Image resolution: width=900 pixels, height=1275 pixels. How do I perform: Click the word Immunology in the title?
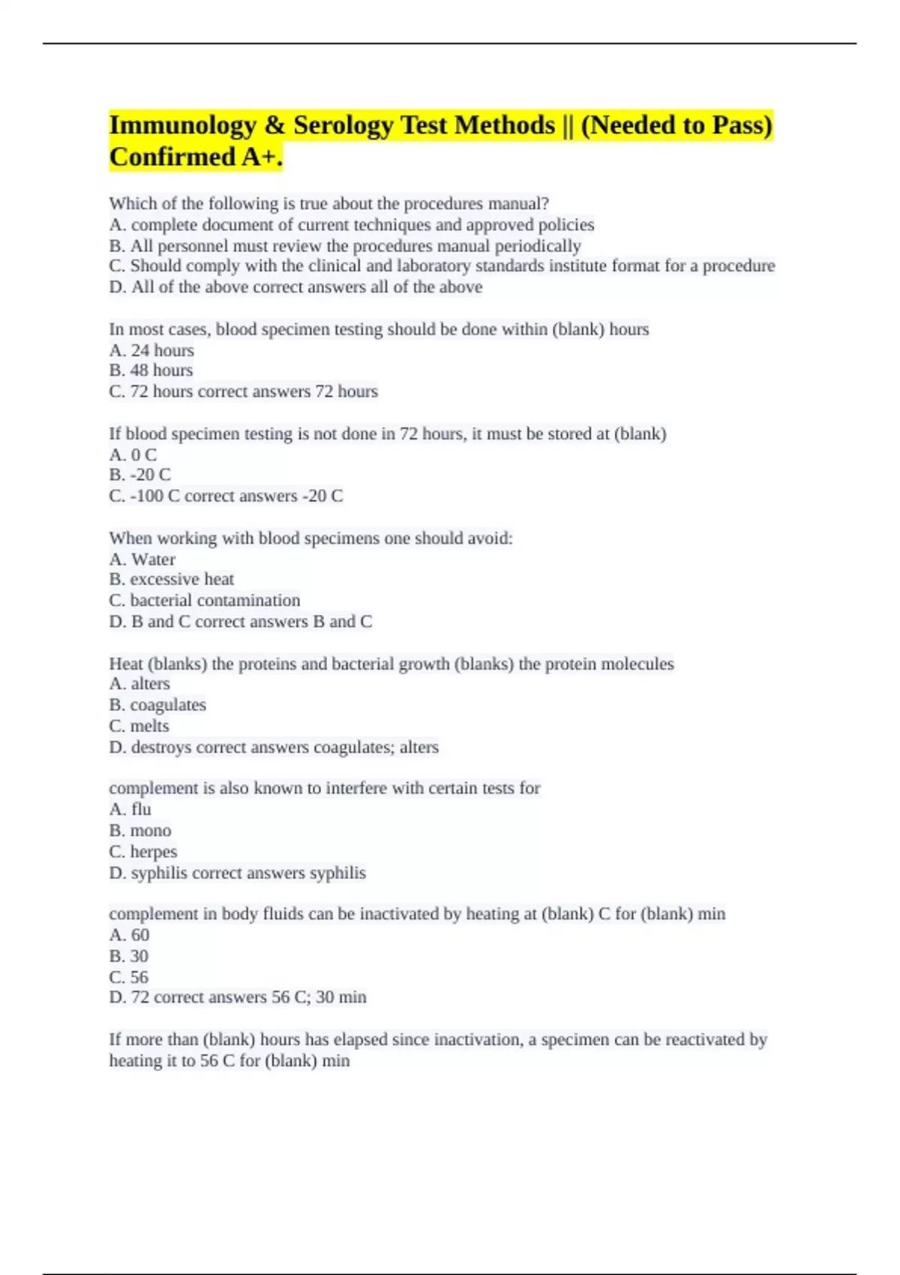(183, 125)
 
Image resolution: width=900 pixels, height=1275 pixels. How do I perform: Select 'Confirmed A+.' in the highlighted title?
(196, 157)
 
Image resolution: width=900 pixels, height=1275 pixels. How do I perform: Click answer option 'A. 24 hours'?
(151, 350)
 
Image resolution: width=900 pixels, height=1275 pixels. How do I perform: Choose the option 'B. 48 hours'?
(151, 370)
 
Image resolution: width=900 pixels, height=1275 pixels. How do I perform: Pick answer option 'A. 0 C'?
(133, 454)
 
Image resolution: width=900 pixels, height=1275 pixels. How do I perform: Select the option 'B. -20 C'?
(139, 475)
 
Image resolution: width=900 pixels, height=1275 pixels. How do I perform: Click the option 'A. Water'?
(142, 559)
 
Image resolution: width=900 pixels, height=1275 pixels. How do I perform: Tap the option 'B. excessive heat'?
(171, 579)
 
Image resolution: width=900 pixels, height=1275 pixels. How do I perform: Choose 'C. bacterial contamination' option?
(204, 600)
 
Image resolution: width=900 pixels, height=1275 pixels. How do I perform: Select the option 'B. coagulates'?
(157, 705)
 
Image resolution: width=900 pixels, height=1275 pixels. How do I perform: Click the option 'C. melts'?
(139, 726)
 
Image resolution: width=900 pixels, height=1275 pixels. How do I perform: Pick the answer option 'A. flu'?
(130, 809)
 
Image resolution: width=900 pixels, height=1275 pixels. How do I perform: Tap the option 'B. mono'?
(139, 830)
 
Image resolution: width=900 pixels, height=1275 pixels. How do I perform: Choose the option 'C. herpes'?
(142, 852)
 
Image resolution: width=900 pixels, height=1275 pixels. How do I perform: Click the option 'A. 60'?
(129, 935)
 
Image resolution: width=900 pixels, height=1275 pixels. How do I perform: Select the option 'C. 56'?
(128, 977)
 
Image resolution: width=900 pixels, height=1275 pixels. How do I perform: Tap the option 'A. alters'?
(139, 684)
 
